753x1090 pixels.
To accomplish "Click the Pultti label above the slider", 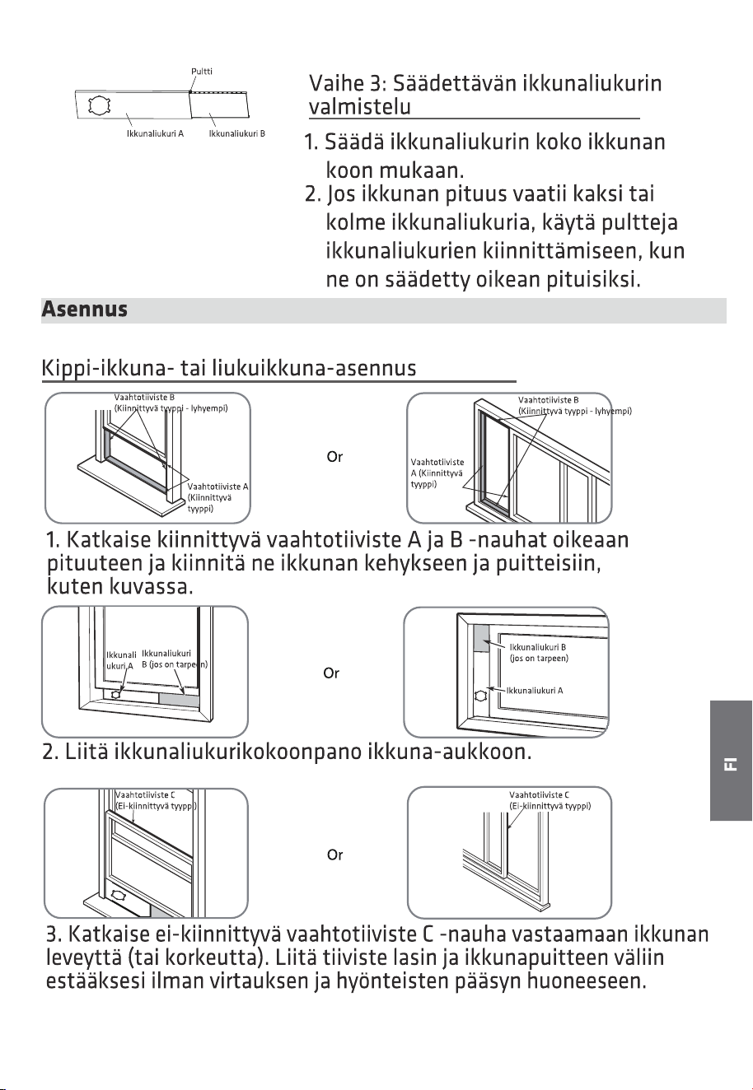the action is click(x=202, y=71).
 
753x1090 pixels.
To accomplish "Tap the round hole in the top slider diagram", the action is click(x=100, y=105).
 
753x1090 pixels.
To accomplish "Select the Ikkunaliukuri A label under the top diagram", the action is click(x=155, y=133).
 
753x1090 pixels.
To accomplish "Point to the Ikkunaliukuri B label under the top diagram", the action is click(x=236, y=133).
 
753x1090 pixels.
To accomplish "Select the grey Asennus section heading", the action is click(x=85, y=309).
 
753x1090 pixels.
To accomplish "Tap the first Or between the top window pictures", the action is click(x=334, y=457).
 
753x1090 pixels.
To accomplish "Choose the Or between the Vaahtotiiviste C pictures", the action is click(x=334, y=855).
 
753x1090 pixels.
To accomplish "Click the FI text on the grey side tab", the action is click(x=731, y=763).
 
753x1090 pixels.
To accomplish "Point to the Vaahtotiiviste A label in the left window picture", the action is click(x=217, y=497).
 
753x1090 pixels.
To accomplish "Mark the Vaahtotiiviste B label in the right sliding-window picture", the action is click(x=575, y=405).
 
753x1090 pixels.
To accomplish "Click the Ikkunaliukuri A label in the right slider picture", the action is click(x=535, y=690).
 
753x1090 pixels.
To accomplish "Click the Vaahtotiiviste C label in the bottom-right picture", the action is click(x=550, y=800).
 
